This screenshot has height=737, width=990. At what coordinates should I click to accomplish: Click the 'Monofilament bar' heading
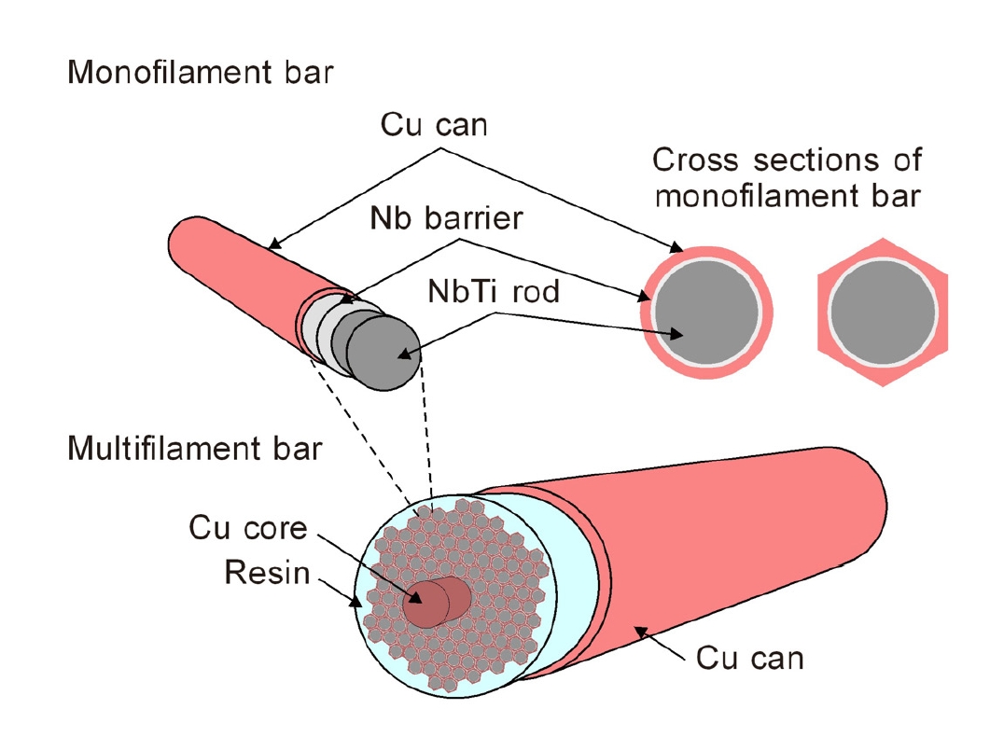pyautogui.click(x=199, y=73)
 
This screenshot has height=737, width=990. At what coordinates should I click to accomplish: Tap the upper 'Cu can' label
pyautogui.click(x=434, y=124)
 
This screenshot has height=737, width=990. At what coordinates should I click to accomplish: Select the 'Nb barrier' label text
pyautogui.click(x=446, y=218)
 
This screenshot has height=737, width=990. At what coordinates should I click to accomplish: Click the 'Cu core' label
pyautogui.click(x=248, y=528)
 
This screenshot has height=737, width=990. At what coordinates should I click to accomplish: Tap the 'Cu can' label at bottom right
pyautogui.click(x=749, y=658)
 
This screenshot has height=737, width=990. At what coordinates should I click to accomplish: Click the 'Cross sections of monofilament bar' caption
pyautogui.click(x=787, y=177)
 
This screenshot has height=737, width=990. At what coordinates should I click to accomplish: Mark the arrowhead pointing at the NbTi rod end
pyautogui.click(x=404, y=354)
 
